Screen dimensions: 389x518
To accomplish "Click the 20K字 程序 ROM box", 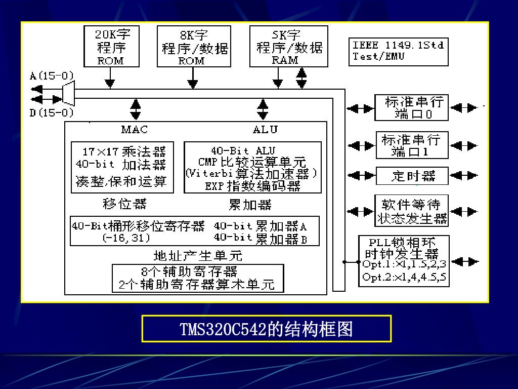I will (x=110, y=47).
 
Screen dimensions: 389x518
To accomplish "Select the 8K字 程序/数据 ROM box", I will (x=194, y=47).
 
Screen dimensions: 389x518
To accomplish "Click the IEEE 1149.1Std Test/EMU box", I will (x=399, y=51).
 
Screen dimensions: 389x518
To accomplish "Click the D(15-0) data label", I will (x=51, y=112).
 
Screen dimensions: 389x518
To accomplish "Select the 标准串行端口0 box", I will (x=411, y=107).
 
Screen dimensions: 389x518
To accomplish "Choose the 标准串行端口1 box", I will (x=411, y=145).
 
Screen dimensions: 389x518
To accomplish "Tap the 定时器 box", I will (x=412, y=176).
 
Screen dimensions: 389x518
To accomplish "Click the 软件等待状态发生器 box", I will (x=411, y=211).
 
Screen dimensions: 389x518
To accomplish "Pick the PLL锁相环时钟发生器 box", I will (x=403, y=261).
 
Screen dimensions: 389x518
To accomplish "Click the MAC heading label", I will (x=135, y=130).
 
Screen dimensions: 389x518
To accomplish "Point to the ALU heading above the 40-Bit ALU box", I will (x=265, y=130).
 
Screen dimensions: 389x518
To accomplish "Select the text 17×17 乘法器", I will (x=124, y=151).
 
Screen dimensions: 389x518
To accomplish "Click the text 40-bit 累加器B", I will (x=261, y=238).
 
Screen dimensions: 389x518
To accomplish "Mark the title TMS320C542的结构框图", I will (x=266, y=329).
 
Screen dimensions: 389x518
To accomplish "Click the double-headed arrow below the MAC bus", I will (x=136, y=107).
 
